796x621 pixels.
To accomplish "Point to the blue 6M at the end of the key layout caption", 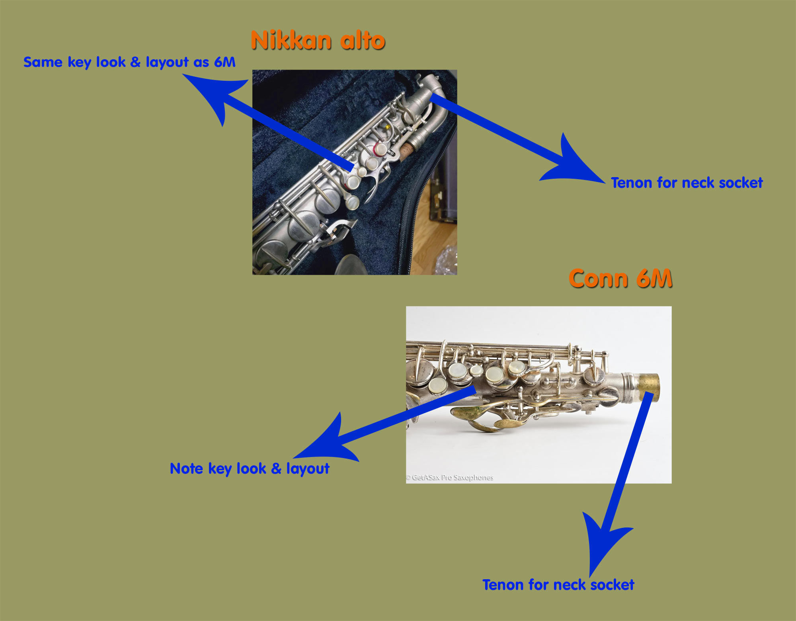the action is click(x=225, y=62).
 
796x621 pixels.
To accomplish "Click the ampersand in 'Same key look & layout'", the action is click(x=135, y=62).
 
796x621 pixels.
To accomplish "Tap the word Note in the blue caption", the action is click(x=187, y=469).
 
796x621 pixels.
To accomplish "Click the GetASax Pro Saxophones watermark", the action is click(x=450, y=477).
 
